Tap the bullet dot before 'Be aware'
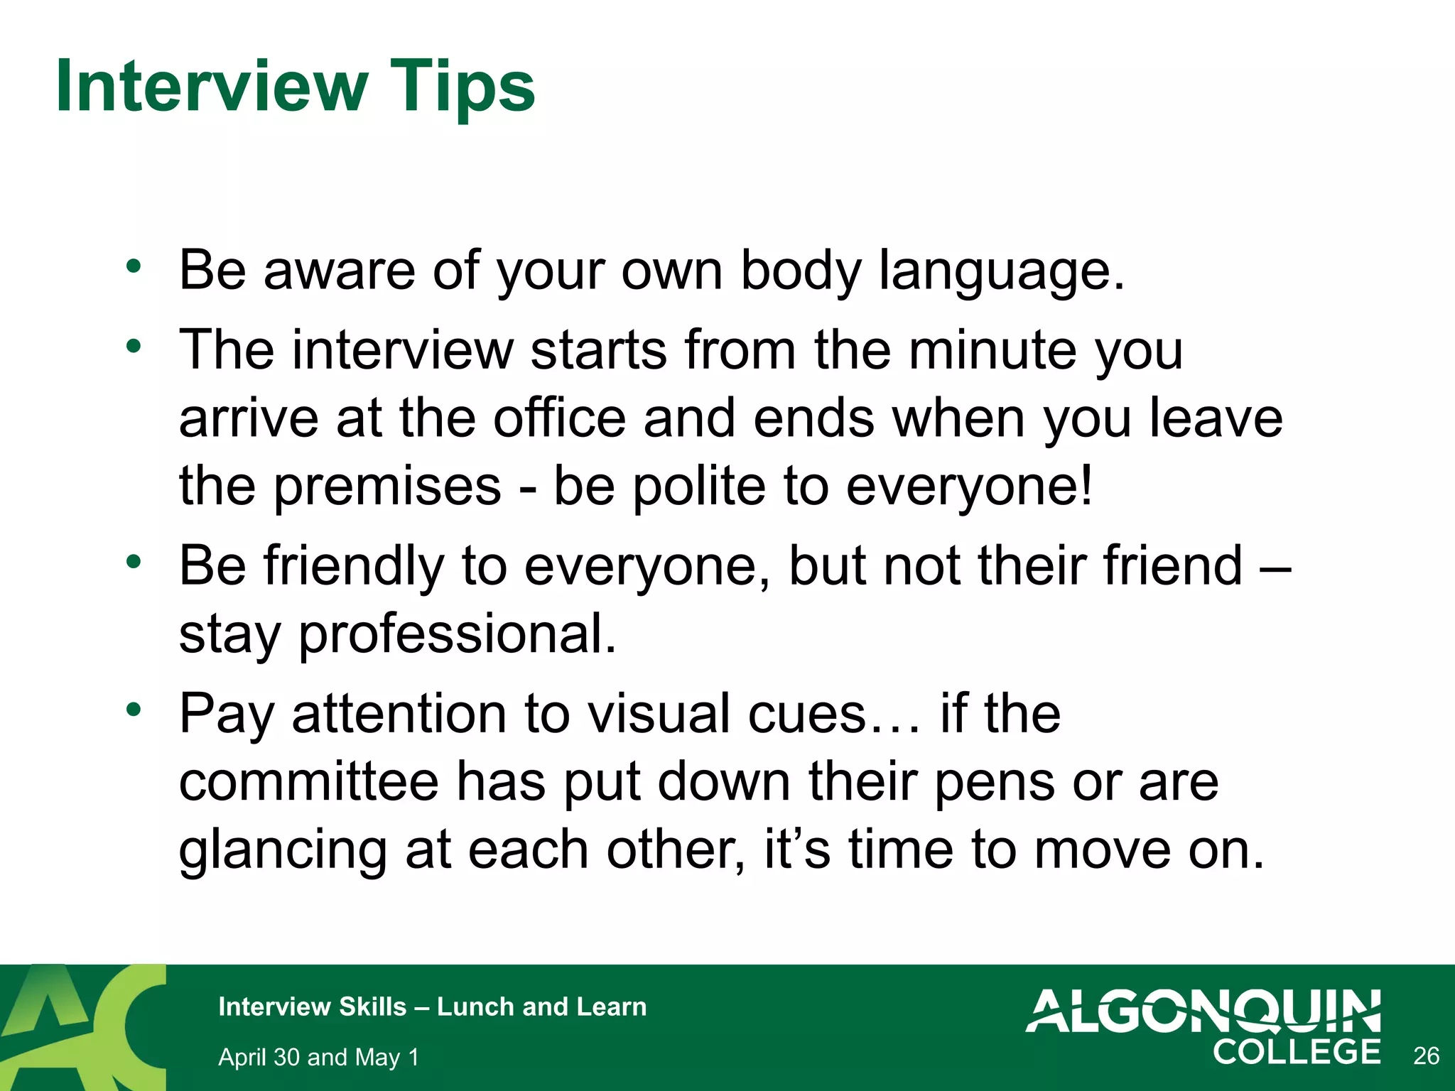coord(134,267)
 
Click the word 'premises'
coord(388,487)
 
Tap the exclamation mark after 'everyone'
coord(1085,486)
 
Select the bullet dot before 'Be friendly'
coord(134,562)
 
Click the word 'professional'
coord(457,635)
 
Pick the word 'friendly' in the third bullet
coord(354,567)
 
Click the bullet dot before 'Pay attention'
coord(134,709)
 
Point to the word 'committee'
coord(308,781)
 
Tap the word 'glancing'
coord(283,851)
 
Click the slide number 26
coord(1426,1056)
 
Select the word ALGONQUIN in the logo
coord(1204,1011)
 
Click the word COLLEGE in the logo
coord(1297,1052)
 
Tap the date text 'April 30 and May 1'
coord(318,1057)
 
